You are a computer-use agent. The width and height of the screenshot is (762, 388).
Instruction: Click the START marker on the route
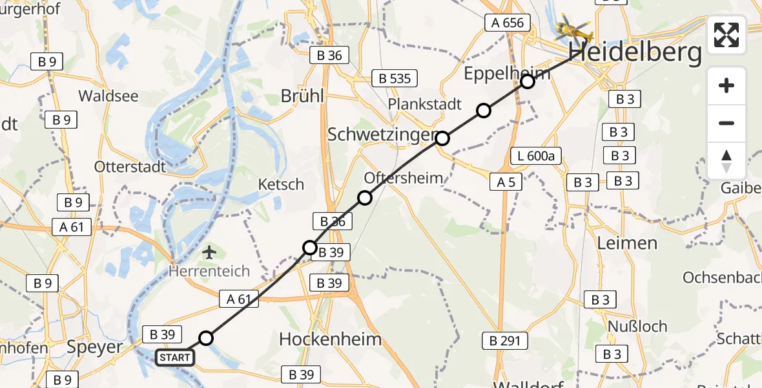174,357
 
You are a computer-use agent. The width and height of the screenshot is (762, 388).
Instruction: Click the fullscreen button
726,35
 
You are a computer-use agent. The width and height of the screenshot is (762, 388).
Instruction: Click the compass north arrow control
726,160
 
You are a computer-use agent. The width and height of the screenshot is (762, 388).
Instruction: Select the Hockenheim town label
330,339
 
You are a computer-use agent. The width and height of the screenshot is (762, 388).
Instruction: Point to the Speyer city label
95,347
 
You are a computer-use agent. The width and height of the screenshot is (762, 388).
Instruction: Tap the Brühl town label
302,96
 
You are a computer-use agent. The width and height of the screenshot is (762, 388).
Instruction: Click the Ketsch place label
281,184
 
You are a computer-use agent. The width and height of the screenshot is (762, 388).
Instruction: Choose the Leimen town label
627,243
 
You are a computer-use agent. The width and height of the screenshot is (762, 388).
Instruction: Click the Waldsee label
108,96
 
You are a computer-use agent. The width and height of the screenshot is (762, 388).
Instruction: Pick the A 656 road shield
507,23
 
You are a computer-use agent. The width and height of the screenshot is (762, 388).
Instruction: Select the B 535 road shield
395,79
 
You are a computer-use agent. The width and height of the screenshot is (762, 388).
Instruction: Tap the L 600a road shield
536,155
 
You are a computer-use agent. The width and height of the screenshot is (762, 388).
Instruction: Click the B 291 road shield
505,341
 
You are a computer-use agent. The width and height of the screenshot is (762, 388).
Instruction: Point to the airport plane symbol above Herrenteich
209,251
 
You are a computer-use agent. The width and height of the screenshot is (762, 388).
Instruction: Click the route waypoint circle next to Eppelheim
528,81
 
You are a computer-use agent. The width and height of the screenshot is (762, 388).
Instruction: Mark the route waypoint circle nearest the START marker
205,338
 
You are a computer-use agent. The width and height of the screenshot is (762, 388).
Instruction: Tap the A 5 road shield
506,182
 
